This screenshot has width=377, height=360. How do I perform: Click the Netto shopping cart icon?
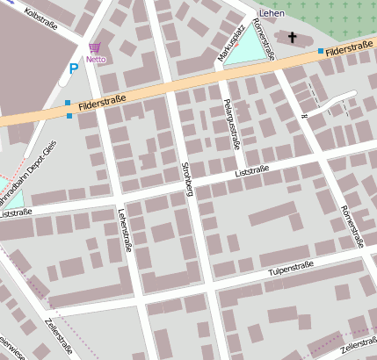pos(94,48)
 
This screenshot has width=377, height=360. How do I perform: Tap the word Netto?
pos(94,61)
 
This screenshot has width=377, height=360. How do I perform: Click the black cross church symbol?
pos(292,37)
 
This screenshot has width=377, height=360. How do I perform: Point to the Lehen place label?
pos(272,13)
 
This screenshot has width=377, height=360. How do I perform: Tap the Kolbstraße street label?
pos(41,16)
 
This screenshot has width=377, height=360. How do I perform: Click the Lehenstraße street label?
pos(124,230)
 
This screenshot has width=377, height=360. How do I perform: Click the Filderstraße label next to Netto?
pos(103,105)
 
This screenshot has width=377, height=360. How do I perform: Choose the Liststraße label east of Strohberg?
pos(256,170)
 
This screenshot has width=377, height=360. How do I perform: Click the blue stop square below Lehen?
pos(321,51)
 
